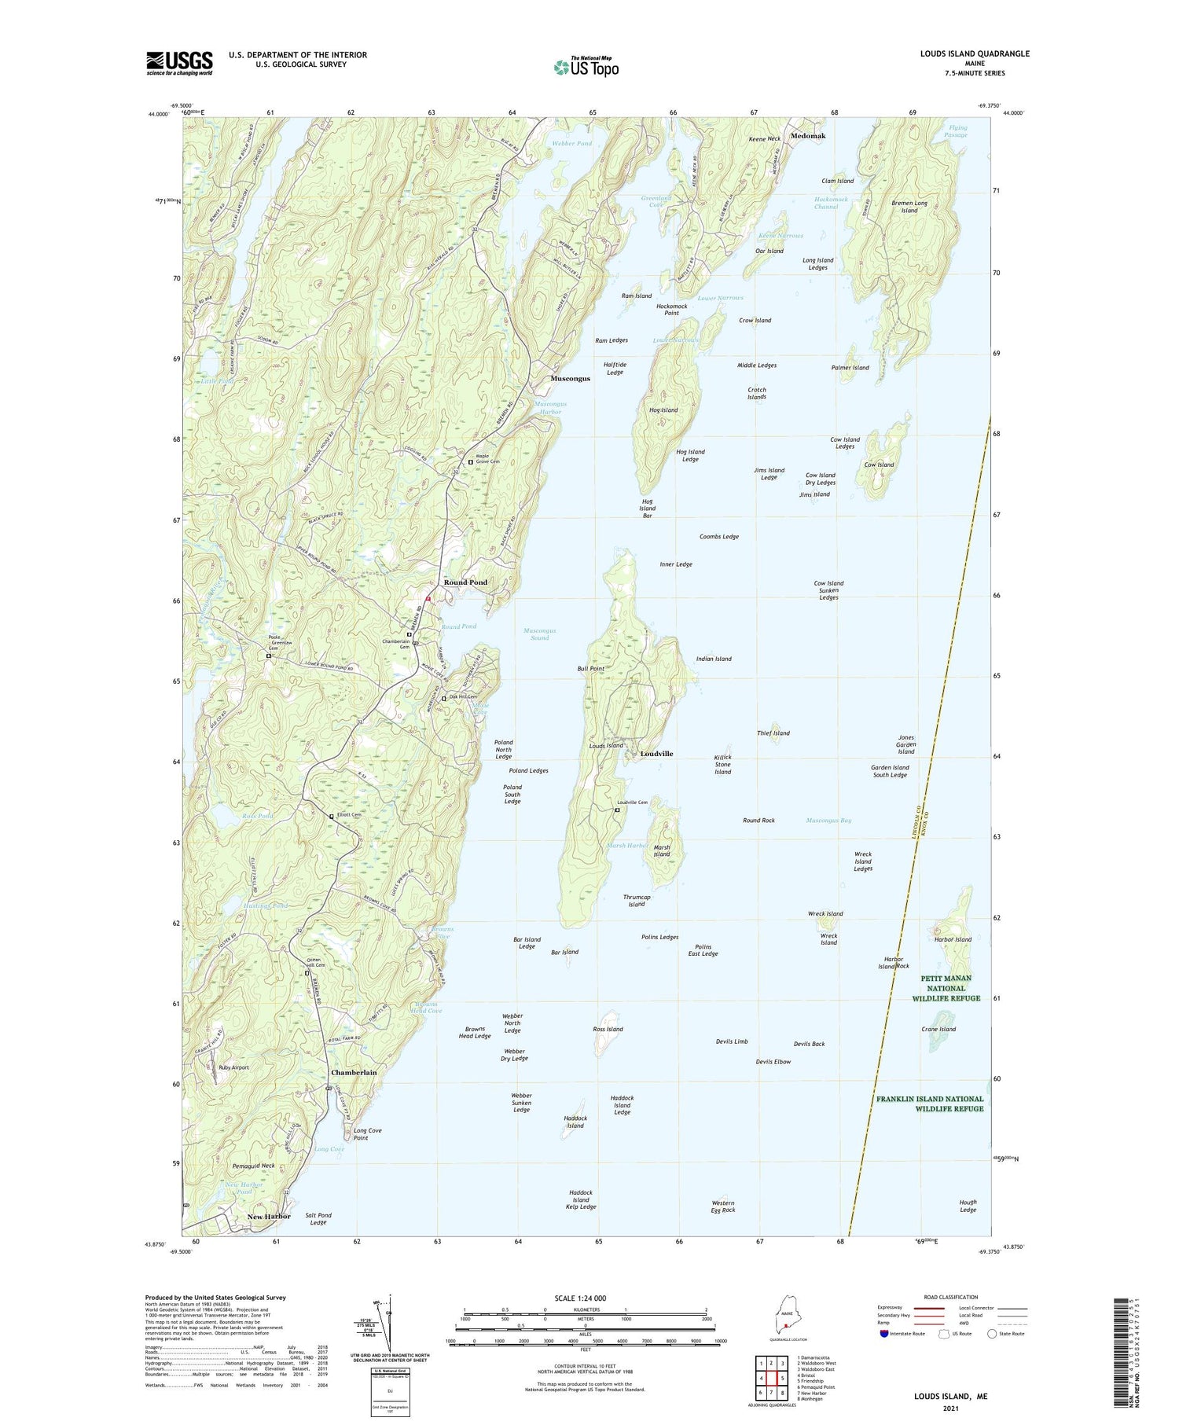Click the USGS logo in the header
(x=179, y=63)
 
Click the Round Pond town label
(x=465, y=582)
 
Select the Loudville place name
(x=656, y=754)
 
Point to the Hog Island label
(x=663, y=410)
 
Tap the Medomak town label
(x=808, y=136)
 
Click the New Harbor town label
(x=269, y=1217)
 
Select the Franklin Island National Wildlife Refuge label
(x=930, y=1104)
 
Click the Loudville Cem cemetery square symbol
(x=617, y=810)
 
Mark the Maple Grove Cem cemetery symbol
(x=471, y=462)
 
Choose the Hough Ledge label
(x=968, y=1206)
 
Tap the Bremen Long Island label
(x=909, y=207)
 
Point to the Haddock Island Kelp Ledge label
(x=582, y=1199)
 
